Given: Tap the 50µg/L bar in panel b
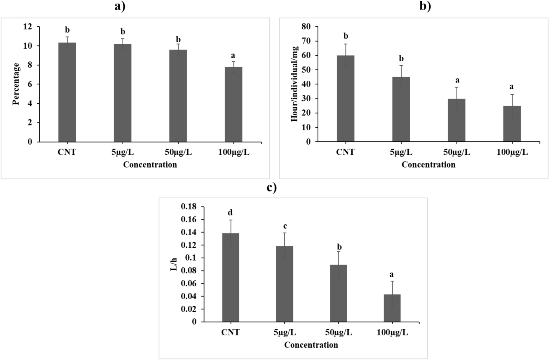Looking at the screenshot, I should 456,120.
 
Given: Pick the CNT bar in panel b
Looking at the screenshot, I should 345,98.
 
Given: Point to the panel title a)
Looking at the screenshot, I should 120,6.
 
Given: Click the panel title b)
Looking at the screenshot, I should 425,6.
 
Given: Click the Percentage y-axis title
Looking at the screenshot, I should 16,84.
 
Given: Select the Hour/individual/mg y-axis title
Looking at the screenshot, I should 295,84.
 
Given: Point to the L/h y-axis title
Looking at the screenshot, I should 174,264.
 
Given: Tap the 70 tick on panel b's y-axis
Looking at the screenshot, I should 306,41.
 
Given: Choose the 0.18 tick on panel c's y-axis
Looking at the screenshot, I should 188,207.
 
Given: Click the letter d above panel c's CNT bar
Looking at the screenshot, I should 230,212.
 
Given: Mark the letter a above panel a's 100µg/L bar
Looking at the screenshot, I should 233,55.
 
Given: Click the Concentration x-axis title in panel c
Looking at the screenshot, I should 311,345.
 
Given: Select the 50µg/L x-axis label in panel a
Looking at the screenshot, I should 178,152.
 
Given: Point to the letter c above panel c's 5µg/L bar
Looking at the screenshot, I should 285,226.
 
